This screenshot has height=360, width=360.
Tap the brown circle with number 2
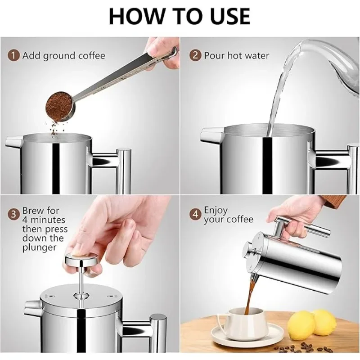pos(195,56)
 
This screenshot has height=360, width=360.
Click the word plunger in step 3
pos(39,247)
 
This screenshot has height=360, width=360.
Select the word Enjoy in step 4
pos(216,211)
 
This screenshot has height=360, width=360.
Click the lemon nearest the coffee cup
pos(301,325)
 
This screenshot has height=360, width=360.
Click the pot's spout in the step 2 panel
pos(210,135)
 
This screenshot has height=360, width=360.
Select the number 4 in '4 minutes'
pos(25,220)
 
